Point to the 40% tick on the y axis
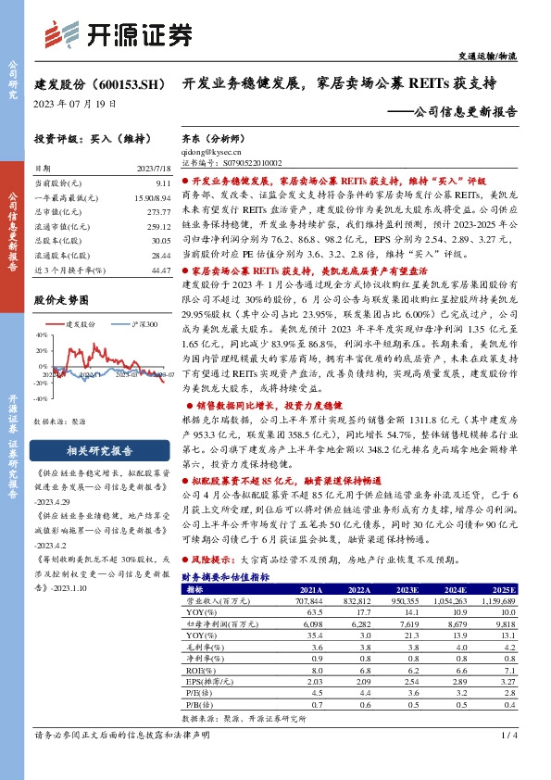pyautogui.click(x=41, y=334)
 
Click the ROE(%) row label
pyautogui.click(x=198, y=668)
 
